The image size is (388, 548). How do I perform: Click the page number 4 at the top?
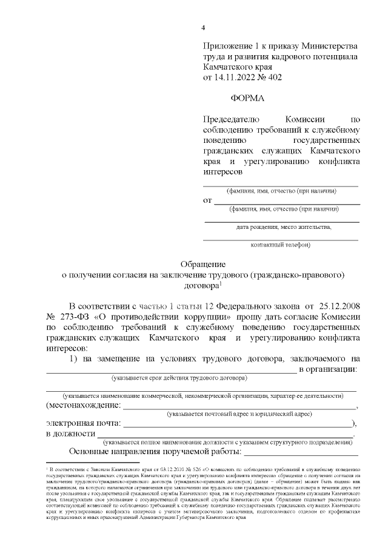click(204, 27)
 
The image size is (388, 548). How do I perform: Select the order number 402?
click(273, 78)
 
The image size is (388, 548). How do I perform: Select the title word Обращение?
click(204, 264)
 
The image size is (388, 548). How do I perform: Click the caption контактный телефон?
click(280, 245)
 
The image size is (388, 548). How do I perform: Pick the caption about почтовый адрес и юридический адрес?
click(240, 414)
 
